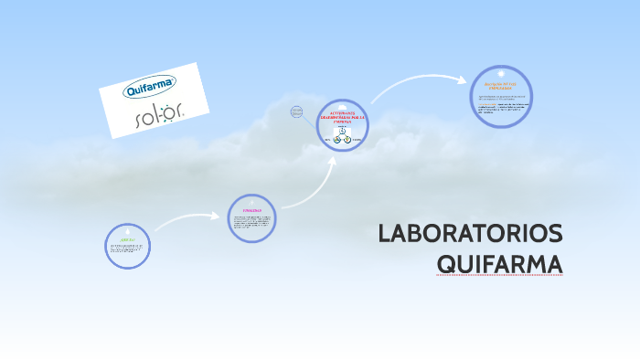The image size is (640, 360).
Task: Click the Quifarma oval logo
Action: (150, 90)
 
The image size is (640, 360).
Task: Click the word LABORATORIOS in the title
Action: (470, 234)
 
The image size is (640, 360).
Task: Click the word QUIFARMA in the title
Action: (499, 264)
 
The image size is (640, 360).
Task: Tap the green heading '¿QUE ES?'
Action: (127, 239)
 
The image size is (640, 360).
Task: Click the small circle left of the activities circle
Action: (296, 111)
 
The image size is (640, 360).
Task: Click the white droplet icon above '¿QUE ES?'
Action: (127, 229)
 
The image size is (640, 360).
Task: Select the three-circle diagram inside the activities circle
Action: (343, 135)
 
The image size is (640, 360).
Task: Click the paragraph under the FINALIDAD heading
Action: (251, 221)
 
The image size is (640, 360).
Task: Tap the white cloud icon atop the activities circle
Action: (343, 103)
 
